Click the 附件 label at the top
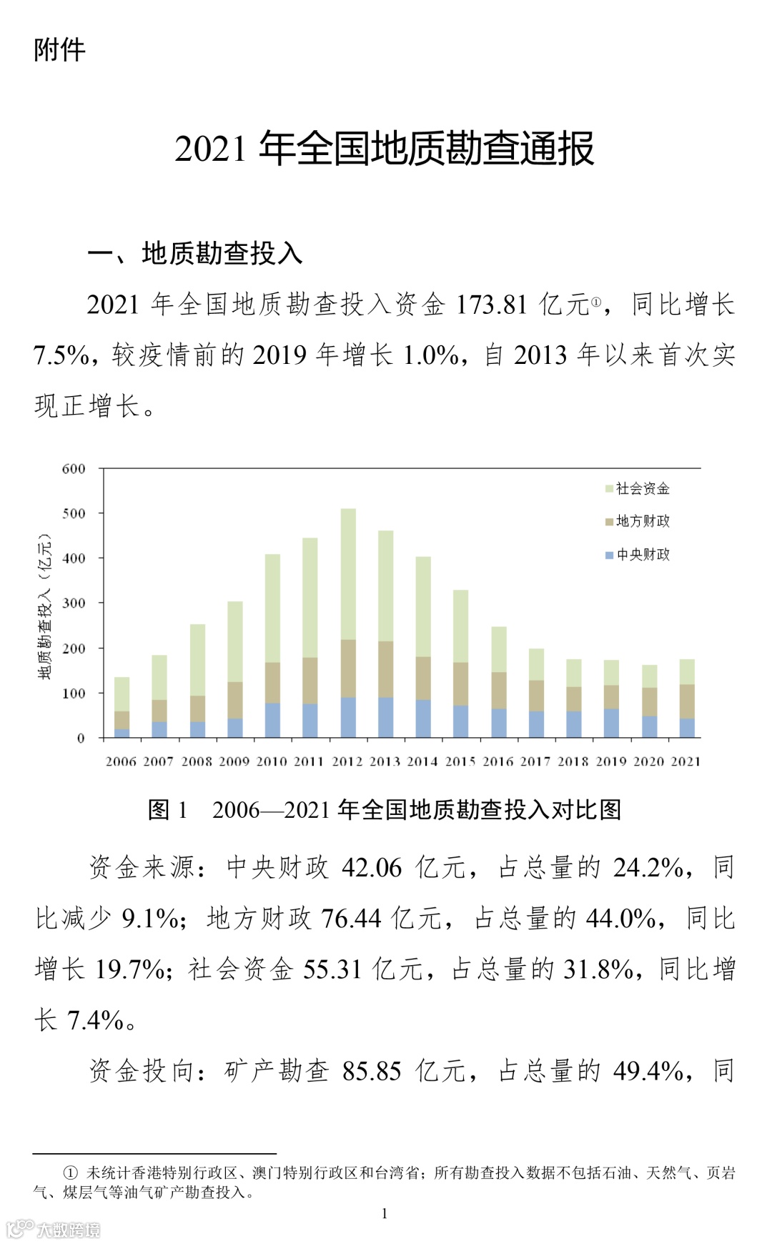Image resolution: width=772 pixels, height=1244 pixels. point(59,50)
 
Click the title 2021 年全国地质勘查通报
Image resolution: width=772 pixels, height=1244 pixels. point(385,149)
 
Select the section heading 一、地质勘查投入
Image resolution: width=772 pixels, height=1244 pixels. point(195,253)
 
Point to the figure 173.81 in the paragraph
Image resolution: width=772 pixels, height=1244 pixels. point(491,305)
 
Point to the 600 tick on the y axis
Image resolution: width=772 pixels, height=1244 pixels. point(74,469)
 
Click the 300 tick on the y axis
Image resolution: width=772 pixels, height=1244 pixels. point(74,603)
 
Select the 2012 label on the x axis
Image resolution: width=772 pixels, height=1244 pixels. point(347,761)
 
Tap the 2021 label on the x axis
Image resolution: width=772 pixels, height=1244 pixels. point(686,761)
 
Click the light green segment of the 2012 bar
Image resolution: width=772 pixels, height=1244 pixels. point(348,572)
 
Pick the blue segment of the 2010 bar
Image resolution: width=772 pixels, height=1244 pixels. point(272,720)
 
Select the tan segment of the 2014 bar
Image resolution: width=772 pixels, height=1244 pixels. point(423,678)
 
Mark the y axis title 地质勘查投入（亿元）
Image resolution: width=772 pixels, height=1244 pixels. point(45,606)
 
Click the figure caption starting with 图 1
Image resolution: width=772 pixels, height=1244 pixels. point(385,810)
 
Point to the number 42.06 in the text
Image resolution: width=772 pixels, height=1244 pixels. point(372,868)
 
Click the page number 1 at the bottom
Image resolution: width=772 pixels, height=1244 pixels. point(385,1213)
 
